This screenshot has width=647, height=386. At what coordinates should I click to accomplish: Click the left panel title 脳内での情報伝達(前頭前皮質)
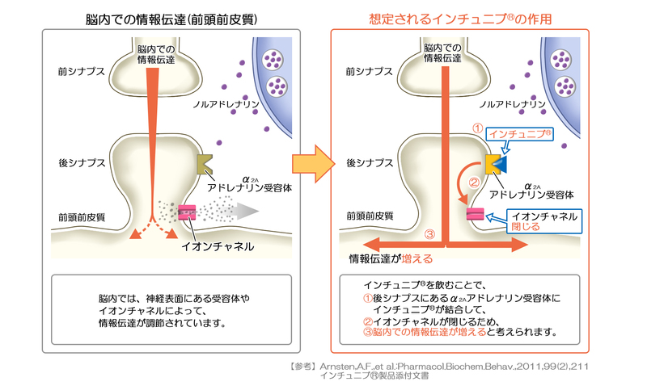171,17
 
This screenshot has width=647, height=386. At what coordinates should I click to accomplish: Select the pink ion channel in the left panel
188,212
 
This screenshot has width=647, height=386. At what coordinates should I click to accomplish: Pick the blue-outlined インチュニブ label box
522,135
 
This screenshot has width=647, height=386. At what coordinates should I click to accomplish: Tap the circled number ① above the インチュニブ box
477,128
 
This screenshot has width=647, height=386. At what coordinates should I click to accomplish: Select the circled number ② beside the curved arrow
475,182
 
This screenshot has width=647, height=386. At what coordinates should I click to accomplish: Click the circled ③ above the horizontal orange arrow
429,235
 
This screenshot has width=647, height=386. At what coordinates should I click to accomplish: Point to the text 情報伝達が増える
391,259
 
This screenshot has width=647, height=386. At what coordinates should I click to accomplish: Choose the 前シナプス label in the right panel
366,72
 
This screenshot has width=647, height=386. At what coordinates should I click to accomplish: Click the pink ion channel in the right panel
476,213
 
